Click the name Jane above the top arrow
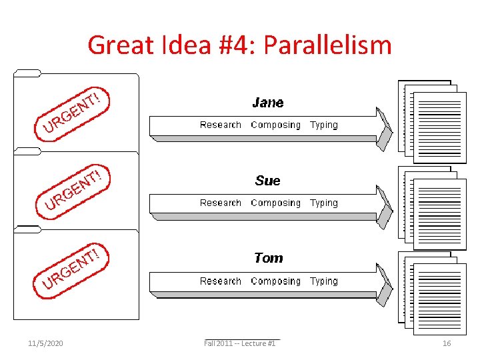pos(267,103)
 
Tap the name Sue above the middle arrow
pos(267,181)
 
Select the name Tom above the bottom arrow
pos(268,258)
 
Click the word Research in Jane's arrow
pos(221,125)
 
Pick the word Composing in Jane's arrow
pos(275,125)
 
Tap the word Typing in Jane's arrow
pos(324,125)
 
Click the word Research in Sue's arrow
pos(221,203)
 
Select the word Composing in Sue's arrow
pos(275,203)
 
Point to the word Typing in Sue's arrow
pos(324,203)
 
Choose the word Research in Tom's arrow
pos(221,281)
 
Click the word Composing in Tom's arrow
pos(275,281)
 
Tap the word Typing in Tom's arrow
pos(324,281)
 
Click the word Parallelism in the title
pos(327,45)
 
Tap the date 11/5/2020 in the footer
pos(45,343)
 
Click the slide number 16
pos(447,343)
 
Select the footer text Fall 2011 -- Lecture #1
pos(240,343)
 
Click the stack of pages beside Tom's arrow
pos(432,289)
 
